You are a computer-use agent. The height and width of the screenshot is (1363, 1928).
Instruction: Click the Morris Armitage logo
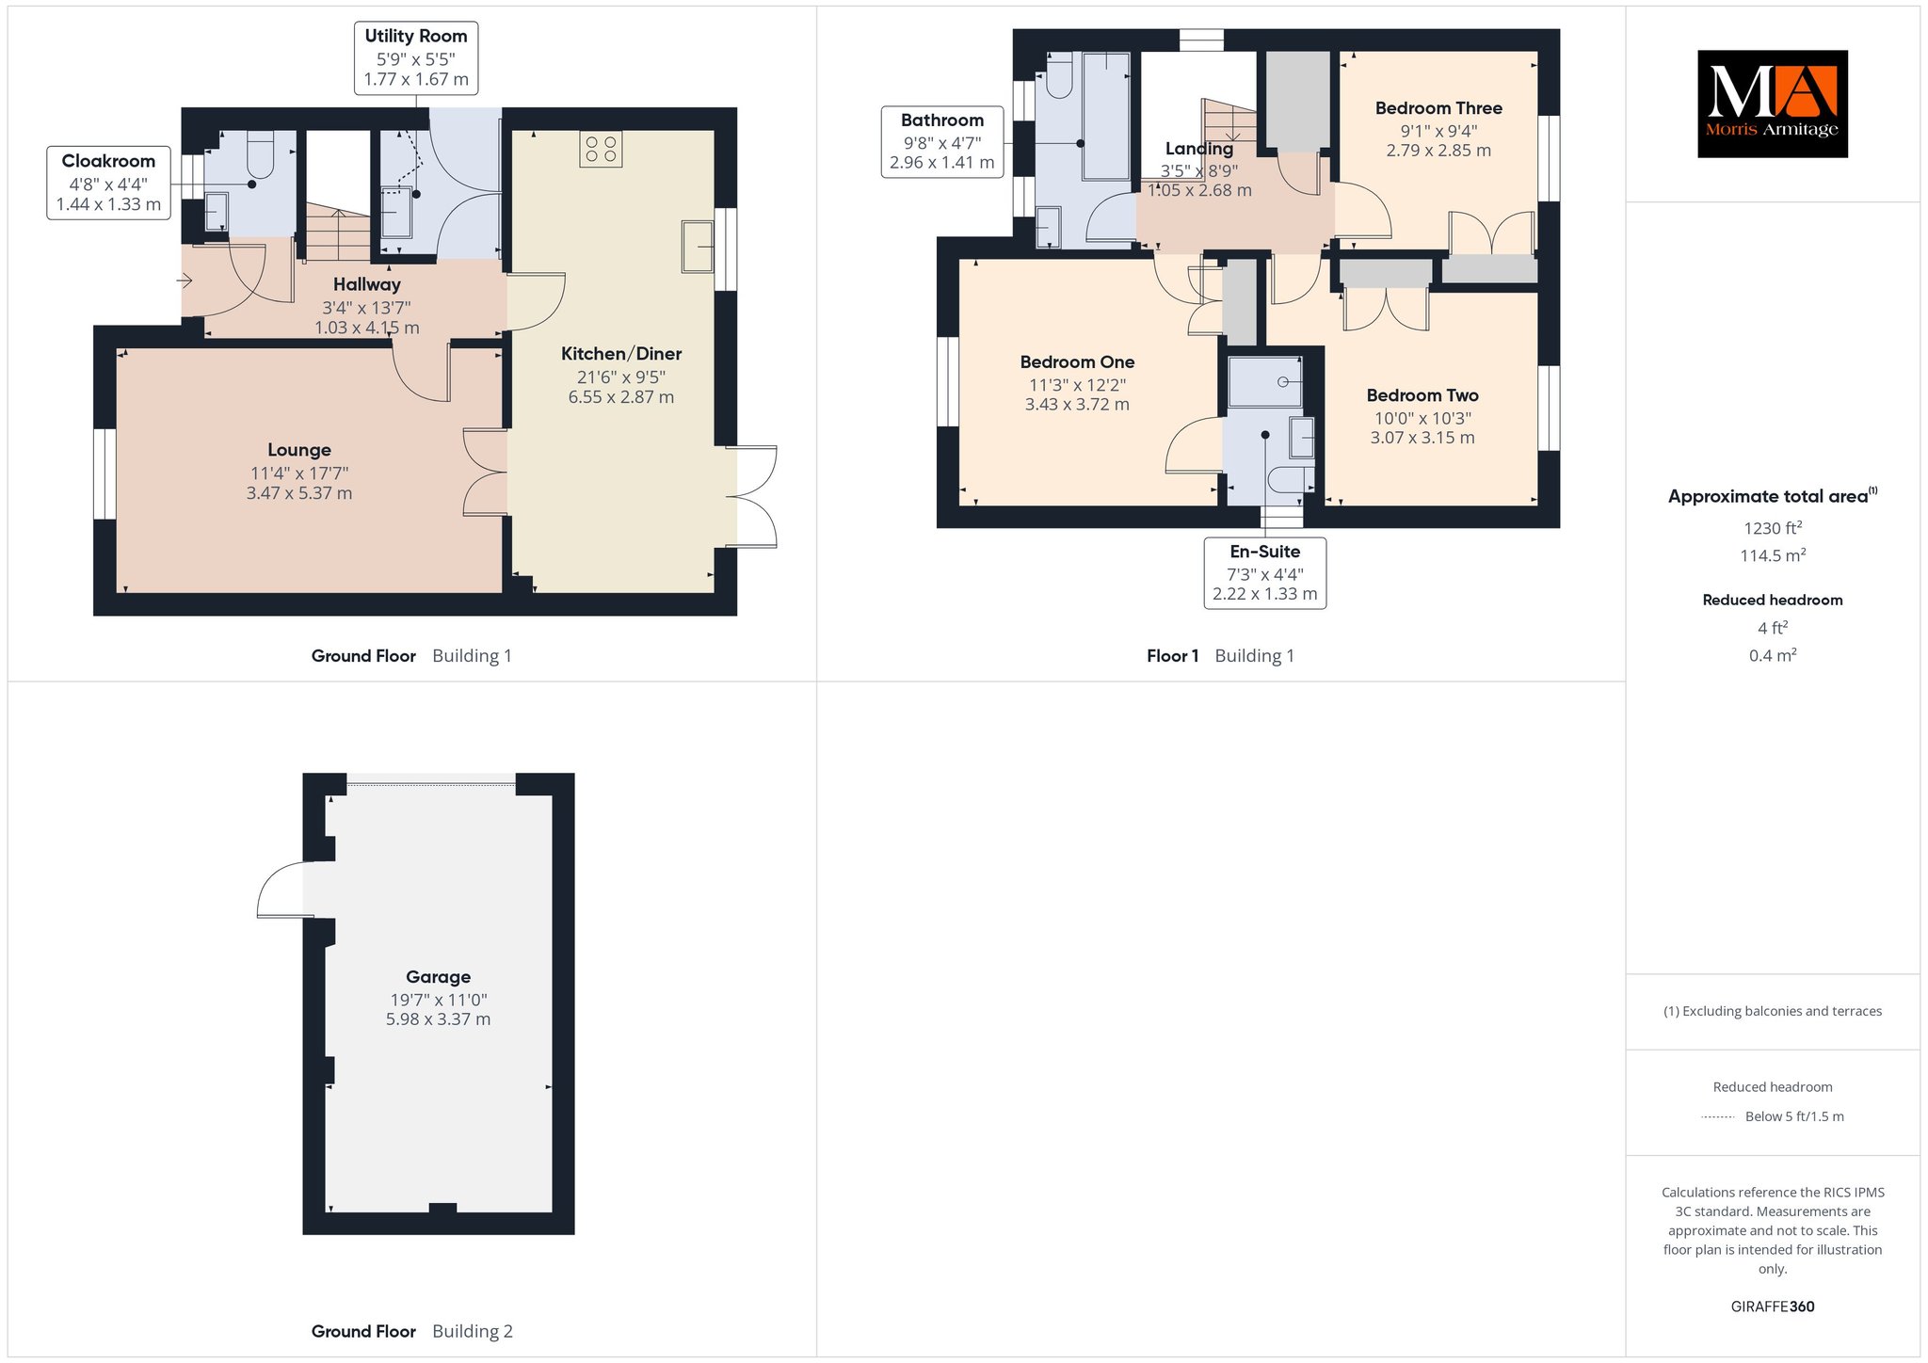click(x=1772, y=104)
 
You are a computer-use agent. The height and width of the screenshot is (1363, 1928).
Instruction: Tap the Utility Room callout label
click(x=416, y=58)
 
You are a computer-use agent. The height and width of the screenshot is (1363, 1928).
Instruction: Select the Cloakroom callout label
click(x=108, y=183)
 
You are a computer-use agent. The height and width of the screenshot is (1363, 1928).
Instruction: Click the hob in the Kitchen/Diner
click(x=601, y=149)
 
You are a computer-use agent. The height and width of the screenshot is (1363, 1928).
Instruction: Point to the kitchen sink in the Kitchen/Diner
click(x=699, y=247)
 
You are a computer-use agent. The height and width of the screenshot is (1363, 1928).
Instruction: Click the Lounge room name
click(x=299, y=450)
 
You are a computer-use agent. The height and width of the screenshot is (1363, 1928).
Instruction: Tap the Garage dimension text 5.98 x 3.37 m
click(x=438, y=1019)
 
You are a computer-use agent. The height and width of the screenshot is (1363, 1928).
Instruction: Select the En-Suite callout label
click(x=1265, y=573)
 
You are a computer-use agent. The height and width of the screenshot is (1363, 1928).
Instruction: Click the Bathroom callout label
click(x=942, y=141)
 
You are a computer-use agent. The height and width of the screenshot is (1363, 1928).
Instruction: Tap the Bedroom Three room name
click(x=1438, y=108)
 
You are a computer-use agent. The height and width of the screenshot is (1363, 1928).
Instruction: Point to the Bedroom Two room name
click(x=1422, y=395)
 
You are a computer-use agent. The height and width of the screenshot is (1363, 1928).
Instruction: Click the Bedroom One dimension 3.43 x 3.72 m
click(x=1077, y=405)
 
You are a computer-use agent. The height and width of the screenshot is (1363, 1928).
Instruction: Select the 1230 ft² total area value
click(x=1773, y=528)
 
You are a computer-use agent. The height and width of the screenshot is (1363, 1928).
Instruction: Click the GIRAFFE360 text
click(x=1773, y=1307)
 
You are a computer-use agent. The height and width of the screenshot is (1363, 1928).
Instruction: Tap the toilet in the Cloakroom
click(x=260, y=153)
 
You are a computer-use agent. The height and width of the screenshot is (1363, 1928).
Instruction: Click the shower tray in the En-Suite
click(x=1265, y=381)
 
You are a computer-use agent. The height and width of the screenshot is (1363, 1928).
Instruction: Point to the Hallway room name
click(x=367, y=284)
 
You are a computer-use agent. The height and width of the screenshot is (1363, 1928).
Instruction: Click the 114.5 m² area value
click(x=1773, y=555)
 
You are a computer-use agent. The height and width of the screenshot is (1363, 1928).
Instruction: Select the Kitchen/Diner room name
click(x=621, y=354)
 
